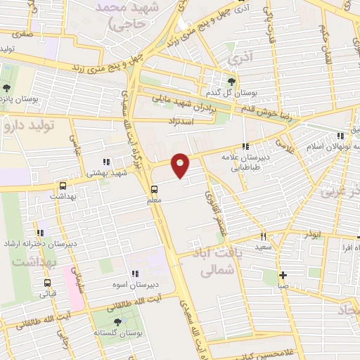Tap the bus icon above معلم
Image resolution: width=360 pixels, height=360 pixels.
pos(154,188)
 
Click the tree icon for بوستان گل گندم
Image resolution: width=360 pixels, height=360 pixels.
pos(231,81)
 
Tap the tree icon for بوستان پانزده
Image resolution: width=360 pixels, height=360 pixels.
pos(6,89)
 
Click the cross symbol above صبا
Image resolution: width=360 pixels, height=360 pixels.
pos(282,275)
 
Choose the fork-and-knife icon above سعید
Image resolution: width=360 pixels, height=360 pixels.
pos(264,237)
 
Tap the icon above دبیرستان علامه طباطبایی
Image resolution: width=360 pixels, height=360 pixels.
pos(245,146)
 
